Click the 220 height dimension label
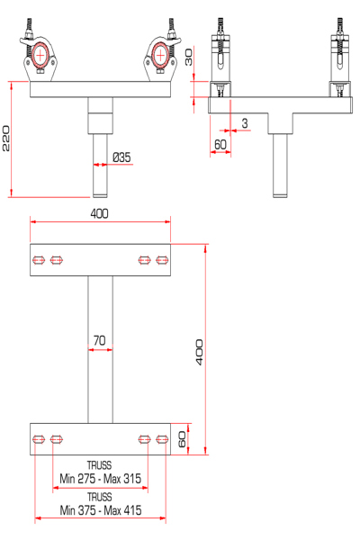pyautogui.click(x=6, y=139)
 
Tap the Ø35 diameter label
pyautogui.click(x=122, y=157)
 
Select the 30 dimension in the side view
pyautogui.click(x=189, y=58)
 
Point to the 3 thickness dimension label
pyautogui.click(x=245, y=123)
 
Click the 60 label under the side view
pyautogui.click(x=220, y=145)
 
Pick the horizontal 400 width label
pyautogui.click(x=99, y=214)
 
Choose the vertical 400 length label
pyautogui.click(x=199, y=352)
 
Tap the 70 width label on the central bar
pyautogui.click(x=100, y=340)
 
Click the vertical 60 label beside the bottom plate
pyautogui.click(x=182, y=439)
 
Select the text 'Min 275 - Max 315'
pyautogui.click(x=100, y=479)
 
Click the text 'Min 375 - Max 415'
pyautogui.click(x=101, y=510)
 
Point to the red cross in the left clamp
pyautogui.click(x=40, y=56)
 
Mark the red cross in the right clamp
pyautogui.click(x=160, y=56)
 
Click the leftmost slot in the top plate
pyautogui.click(x=39, y=260)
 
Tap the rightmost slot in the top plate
pyautogui.click(x=162, y=260)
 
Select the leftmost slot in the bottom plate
pyautogui.click(x=39, y=439)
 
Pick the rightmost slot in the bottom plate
pyautogui.click(x=162, y=439)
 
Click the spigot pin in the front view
pyautogui.click(x=100, y=166)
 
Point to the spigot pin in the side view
pyautogui.click(x=280, y=166)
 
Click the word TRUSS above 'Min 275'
pyautogui.click(x=100, y=465)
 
